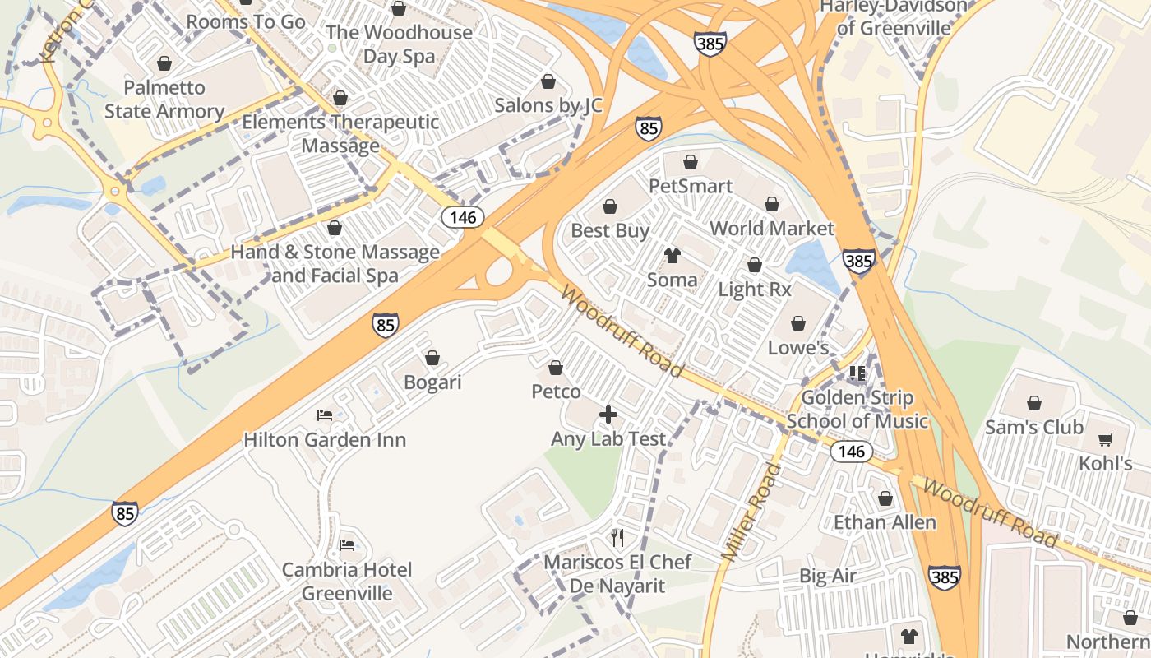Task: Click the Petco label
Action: [556, 392]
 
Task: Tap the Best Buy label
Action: [610, 231]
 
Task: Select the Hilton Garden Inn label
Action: [325, 440]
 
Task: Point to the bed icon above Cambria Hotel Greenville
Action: [347, 544]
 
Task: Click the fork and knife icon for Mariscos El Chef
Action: [618, 538]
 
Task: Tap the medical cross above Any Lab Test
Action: [608, 414]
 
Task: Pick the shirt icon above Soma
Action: [673, 256]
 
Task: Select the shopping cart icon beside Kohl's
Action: [1106, 440]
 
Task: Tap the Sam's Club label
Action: [1033, 428]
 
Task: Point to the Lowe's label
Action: [797, 348]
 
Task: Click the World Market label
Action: [771, 229]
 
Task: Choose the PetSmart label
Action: [691, 186]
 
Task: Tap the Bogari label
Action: [432, 382]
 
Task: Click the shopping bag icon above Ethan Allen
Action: [885, 498]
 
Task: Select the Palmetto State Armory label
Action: [164, 100]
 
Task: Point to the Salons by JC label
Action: [548, 106]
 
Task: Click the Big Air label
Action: [828, 576]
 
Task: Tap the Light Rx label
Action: [754, 290]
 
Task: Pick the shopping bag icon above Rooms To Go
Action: [246, 2]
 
